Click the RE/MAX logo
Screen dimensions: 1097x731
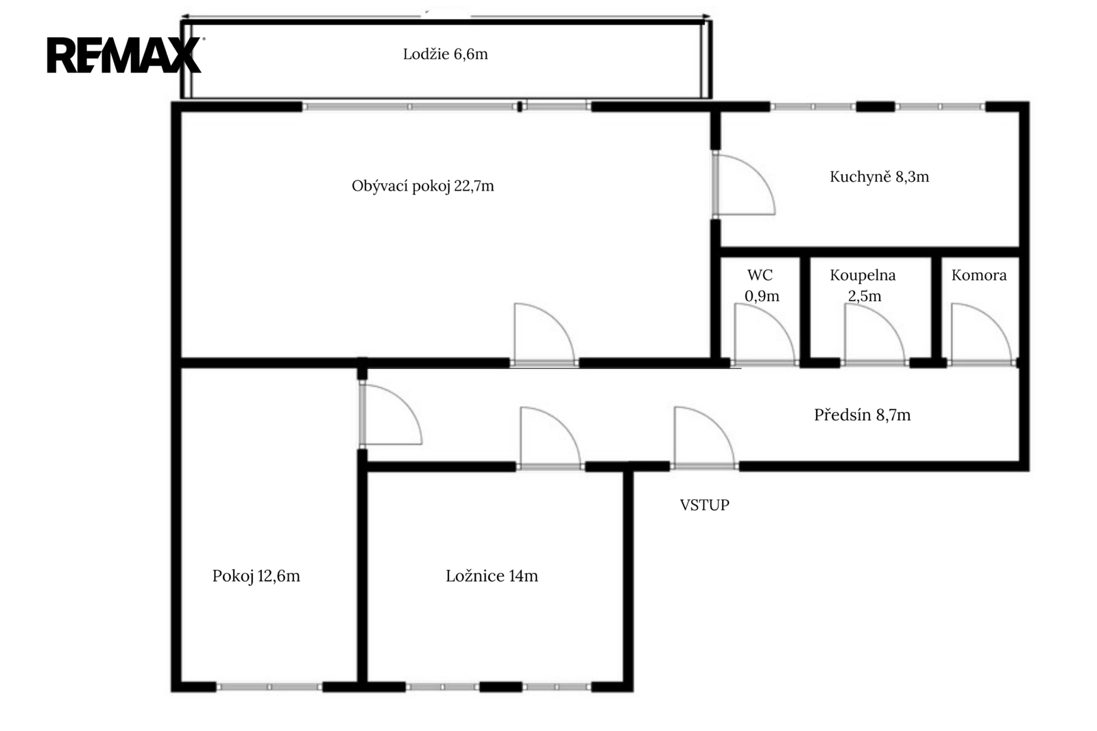124,55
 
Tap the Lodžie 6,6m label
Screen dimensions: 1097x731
445,54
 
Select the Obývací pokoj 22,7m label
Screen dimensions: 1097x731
422,187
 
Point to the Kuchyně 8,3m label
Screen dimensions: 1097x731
879,176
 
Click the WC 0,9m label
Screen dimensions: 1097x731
762,286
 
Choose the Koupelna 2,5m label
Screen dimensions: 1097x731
863,286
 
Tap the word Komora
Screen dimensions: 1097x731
979,276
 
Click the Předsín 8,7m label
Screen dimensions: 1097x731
862,415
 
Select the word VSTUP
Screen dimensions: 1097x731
704,505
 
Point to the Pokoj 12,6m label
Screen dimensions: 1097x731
256,576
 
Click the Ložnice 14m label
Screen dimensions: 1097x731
492,576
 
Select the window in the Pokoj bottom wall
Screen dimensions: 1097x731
269,687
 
